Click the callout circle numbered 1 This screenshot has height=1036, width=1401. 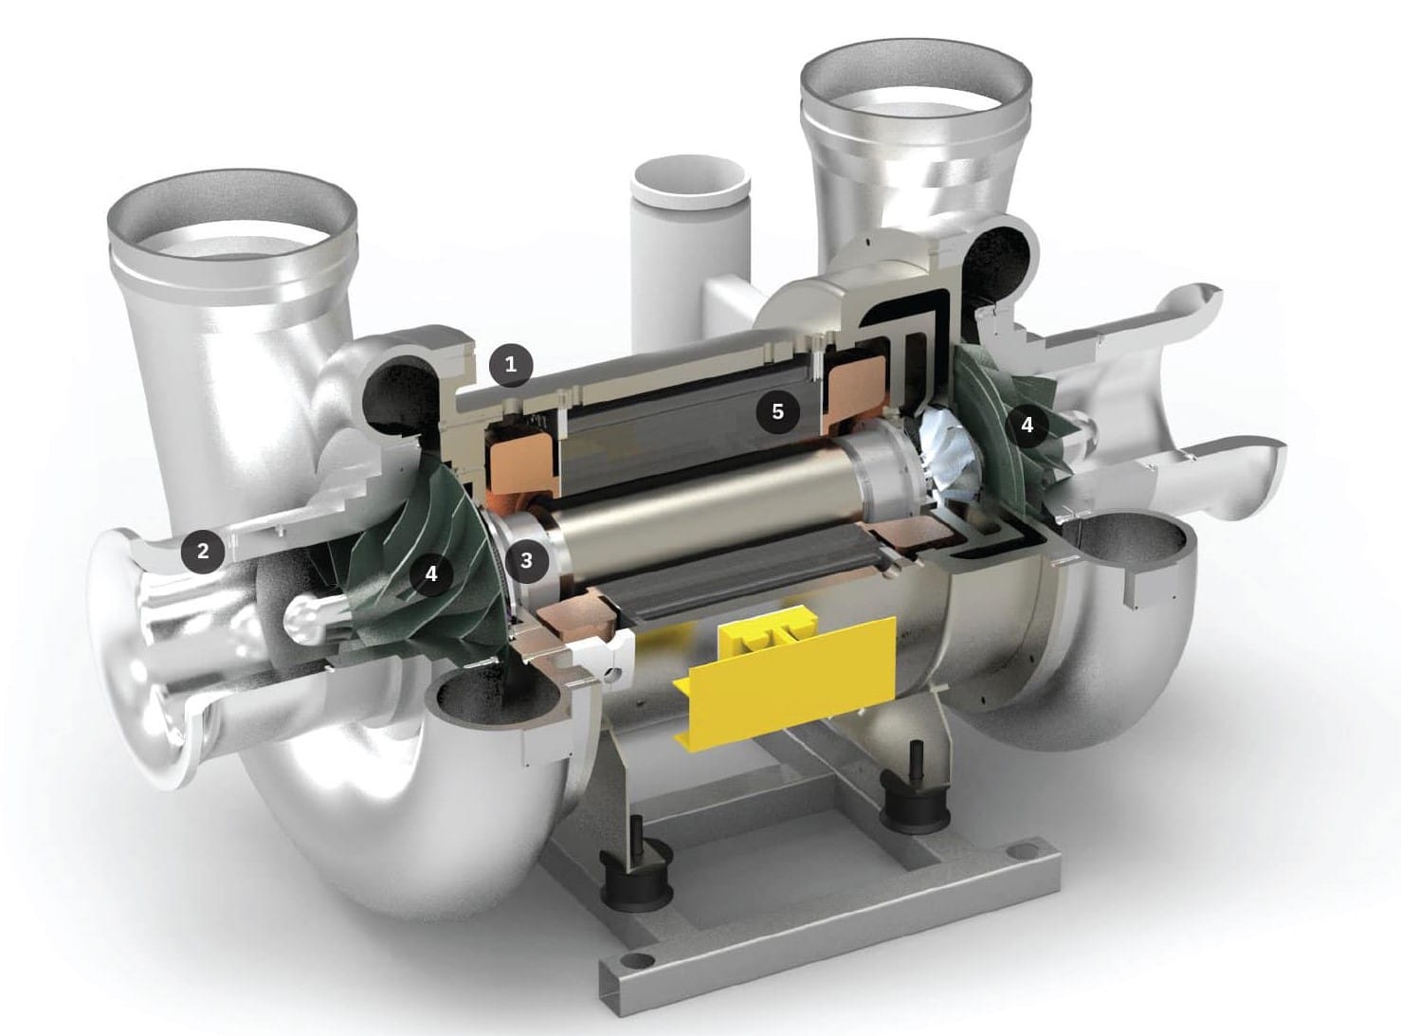point(510,365)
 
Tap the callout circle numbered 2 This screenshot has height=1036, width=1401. point(203,552)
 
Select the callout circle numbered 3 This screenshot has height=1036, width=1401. point(526,559)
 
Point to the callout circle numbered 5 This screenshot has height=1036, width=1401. point(778,412)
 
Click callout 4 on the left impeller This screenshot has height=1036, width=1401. point(430,573)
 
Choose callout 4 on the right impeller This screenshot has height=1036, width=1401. point(1028,426)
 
